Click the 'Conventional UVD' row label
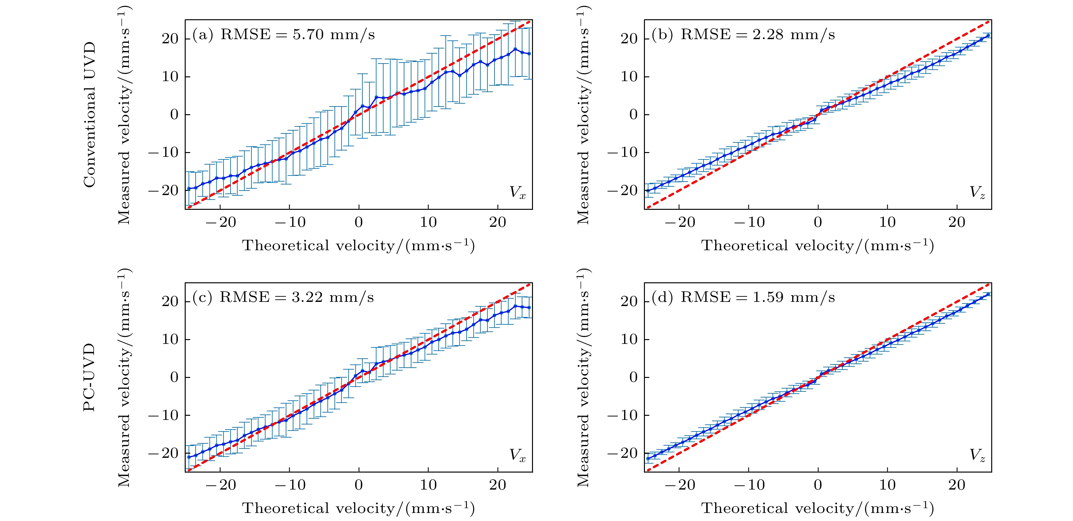click(x=89, y=115)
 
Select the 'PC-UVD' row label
click(x=89, y=377)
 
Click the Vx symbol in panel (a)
click(x=517, y=192)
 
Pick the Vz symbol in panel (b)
click(x=977, y=192)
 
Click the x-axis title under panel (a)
click(x=358, y=245)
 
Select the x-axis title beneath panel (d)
click(x=818, y=508)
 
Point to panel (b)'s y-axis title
click(x=583, y=115)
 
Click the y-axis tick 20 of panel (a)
click(x=170, y=39)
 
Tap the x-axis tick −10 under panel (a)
click(x=290, y=222)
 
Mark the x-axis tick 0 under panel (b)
click(x=818, y=222)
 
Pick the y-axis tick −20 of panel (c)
click(x=163, y=453)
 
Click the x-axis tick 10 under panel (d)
click(x=887, y=485)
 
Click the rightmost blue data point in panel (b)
click(x=988, y=35)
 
